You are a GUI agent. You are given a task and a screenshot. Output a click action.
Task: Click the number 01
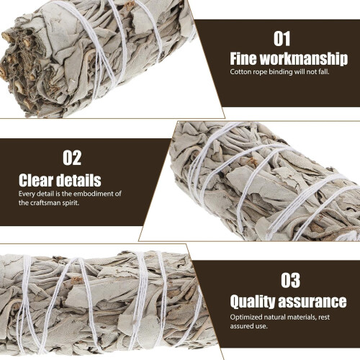point(282,39)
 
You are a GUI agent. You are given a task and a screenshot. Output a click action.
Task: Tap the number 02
point(72,158)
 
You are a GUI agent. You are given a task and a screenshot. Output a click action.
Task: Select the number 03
point(290,280)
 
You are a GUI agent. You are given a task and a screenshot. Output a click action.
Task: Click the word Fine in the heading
point(243,58)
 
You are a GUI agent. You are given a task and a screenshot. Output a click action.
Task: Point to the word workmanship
point(304,59)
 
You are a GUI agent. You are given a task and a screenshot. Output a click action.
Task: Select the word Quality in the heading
point(252,302)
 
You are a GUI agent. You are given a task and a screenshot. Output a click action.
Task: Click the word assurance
point(312,302)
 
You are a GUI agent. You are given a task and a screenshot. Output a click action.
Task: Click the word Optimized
point(246,318)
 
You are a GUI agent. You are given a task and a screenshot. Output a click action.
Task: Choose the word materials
point(302,318)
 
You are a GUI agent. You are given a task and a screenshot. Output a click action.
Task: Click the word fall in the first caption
point(323,72)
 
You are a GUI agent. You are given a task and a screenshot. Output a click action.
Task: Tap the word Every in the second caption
point(27,194)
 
